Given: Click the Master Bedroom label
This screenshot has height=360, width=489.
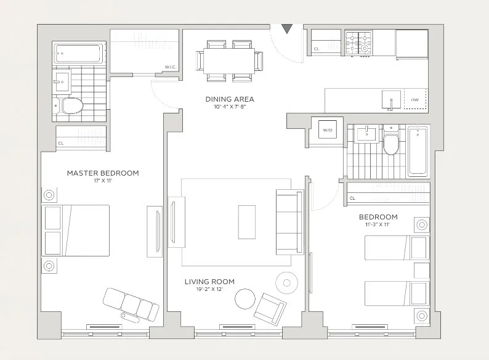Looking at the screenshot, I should (x=103, y=173).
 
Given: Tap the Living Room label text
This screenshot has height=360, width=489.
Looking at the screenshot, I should (x=209, y=282).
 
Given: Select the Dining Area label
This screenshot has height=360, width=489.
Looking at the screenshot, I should (x=229, y=99).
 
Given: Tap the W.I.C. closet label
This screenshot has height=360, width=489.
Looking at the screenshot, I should (x=171, y=67).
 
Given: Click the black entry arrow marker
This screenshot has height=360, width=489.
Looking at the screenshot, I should (x=286, y=29).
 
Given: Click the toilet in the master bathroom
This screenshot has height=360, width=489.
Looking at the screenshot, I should (x=71, y=106).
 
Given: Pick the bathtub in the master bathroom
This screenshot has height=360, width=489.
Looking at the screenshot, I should (x=79, y=54).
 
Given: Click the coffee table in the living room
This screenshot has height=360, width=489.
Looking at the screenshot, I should (x=247, y=222).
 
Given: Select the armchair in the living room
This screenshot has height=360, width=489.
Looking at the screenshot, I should (x=270, y=306).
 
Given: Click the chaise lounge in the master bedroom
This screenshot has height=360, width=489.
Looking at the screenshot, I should (x=130, y=303).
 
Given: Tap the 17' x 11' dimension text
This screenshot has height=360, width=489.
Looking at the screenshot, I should (x=103, y=182).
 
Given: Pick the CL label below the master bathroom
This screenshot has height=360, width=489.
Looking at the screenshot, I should (x=61, y=144).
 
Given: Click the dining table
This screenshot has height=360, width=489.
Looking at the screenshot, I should (x=229, y=61).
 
